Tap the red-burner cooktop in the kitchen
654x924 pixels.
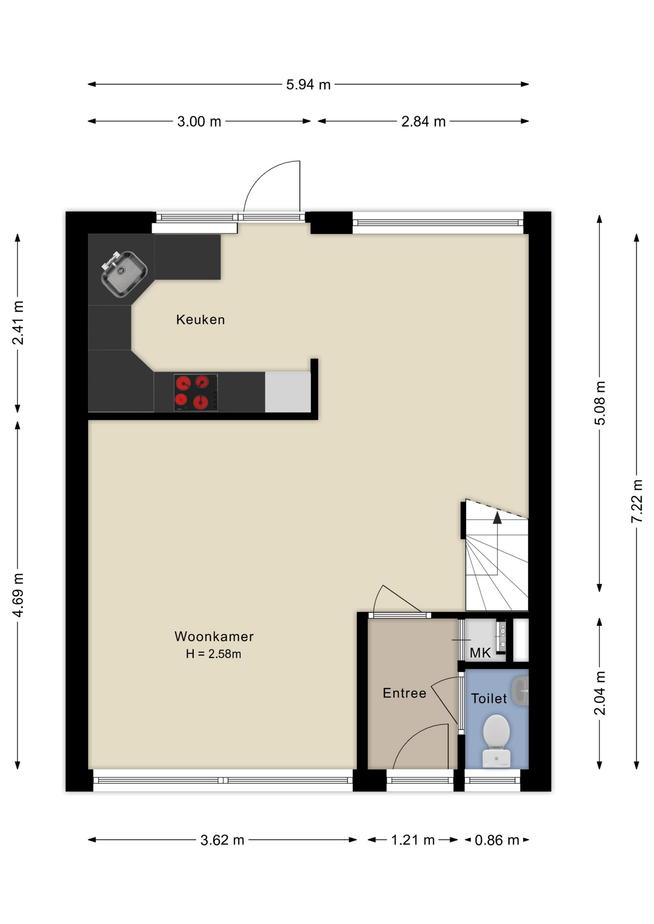click(x=196, y=393)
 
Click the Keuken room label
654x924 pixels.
click(x=200, y=320)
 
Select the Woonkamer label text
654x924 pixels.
click(x=214, y=636)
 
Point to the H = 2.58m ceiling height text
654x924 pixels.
click(x=213, y=654)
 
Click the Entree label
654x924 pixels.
click(x=405, y=693)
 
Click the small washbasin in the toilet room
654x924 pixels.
click(x=520, y=691)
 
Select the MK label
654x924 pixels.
click(x=480, y=653)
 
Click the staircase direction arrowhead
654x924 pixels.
click(x=497, y=517)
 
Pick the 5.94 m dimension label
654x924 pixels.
click(x=308, y=85)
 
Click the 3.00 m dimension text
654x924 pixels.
click(x=199, y=122)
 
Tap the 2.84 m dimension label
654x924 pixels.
click(x=423, y=122)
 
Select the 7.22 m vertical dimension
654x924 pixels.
click(x=637, y=501)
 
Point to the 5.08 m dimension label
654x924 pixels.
click(x=600, y=403)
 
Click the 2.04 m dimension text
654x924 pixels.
click(x=600, y=693)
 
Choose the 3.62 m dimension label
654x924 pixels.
click(x=222, y=840)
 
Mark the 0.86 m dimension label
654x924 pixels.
click(x=497, y=840)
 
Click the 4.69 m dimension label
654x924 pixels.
click(x=18, y=595)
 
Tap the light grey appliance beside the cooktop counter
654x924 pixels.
click(x=288, y=392)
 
